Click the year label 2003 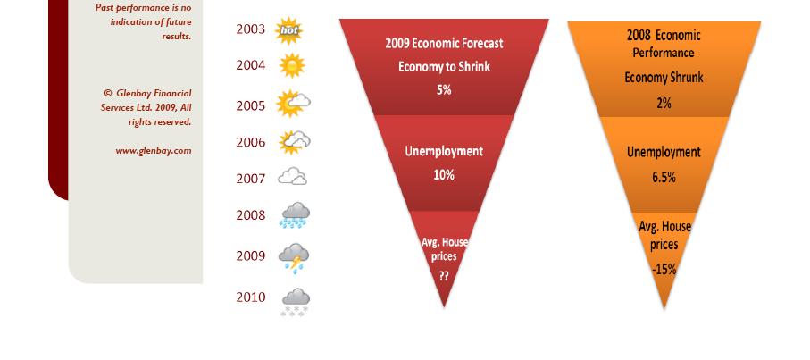click(251, 29)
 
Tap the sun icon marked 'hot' click(288, 30)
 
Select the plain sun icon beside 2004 click(292, 65)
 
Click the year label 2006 click(251, 143)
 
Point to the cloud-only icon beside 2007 click(292, 176)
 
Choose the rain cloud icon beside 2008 click(295, 215)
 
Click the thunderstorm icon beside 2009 click(294, 258)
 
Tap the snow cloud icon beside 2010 click(295, 302)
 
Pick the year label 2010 click(251, 297)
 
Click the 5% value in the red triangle click(444, 90)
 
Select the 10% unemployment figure click(444, 175)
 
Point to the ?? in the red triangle click(444, 276)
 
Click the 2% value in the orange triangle click(664, 104)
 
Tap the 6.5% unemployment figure click(664, 178)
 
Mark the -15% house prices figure click(664, 269)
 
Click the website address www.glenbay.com click(154, 151)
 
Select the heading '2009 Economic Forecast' click(444, 43)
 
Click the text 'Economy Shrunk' click(664, 78)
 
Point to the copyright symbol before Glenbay click(108, 93)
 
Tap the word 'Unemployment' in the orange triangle click(664, 153)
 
